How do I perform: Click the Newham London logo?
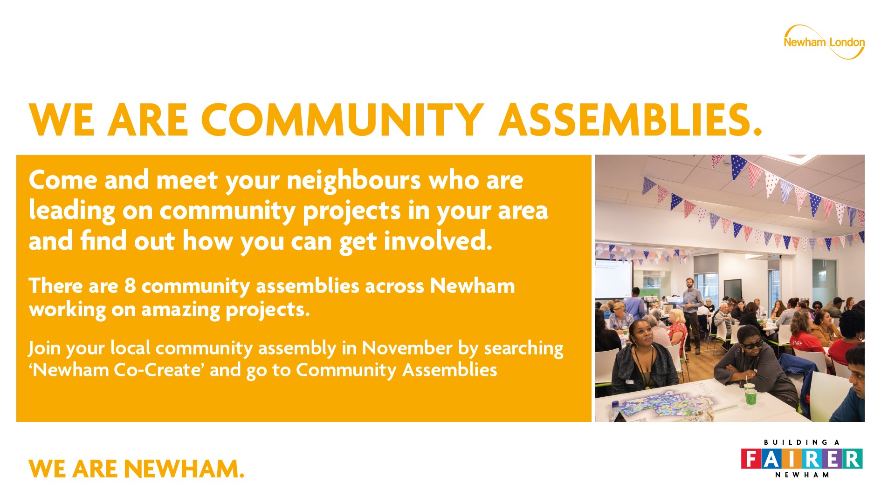[824, 42]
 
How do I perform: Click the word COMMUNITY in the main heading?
[343, 120]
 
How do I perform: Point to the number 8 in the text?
[130, 286]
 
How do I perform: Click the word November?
[407, 348]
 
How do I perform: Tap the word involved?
[438, 241]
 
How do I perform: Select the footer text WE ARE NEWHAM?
[137, 469]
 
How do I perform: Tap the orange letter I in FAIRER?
[792, 459]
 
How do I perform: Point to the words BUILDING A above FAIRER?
[802, 442]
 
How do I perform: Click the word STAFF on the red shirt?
[797, 343]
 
